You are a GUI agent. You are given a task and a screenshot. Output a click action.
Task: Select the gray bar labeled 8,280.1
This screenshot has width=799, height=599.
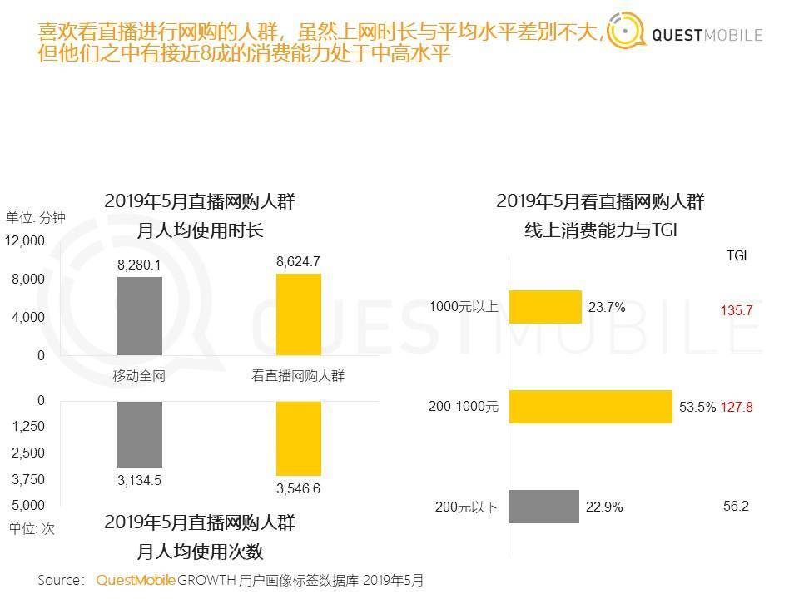pyautogui.click(x=140, y=316)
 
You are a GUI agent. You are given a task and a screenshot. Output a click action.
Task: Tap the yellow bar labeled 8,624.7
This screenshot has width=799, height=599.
pyautogui.click(x=298, y=314)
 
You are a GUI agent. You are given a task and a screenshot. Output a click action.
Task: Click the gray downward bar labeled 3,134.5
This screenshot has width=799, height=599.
pyautogui.click(x=140, y=433)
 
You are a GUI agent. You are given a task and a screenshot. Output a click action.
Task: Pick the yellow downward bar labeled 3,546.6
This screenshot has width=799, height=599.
pyautogui.click(x=298, y=438)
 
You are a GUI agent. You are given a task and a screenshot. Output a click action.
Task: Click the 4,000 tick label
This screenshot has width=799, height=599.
pyautogui.click(x=29, y=317)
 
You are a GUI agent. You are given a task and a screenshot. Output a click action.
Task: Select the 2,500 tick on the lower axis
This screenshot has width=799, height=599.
pyautogui.click(x=29, y=453)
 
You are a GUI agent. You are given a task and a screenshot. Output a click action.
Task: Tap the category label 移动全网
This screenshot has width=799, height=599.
pyautogui.click(x=139, y=376)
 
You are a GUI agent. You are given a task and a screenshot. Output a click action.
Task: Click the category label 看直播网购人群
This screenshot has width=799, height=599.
pyautogui.click(x=298, y=376)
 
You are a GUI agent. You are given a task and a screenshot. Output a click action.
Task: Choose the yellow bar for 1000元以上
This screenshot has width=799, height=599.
pyautogui.click(x=545, y=307)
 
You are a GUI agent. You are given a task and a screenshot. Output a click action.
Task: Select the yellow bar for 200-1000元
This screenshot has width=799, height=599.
pyautogui.click(x=590, y=407)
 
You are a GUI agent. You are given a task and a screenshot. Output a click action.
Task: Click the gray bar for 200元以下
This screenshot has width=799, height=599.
pyautogui.click(x=543, y=507)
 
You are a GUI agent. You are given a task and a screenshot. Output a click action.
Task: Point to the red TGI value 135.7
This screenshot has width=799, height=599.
pyautogui.click(x=737, y=310)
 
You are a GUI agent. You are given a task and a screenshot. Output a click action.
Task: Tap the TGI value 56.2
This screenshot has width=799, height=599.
pyautogui.click(x=737, y=506)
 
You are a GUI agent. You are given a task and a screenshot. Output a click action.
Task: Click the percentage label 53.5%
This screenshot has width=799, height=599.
pyautogui.click(x=697, y=408)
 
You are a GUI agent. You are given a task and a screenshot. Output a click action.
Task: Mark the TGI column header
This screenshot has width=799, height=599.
pyautogui.click(x=737, y=256)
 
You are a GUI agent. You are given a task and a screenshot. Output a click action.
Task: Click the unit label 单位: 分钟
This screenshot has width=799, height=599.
pyautogui.click(x=36, y=218)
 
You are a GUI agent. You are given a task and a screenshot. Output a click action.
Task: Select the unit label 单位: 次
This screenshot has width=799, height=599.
pyautogui.click(x=31, y=528)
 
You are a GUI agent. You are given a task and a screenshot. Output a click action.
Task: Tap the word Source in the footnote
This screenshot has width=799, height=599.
pyautogui.click(x=59, y=580)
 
